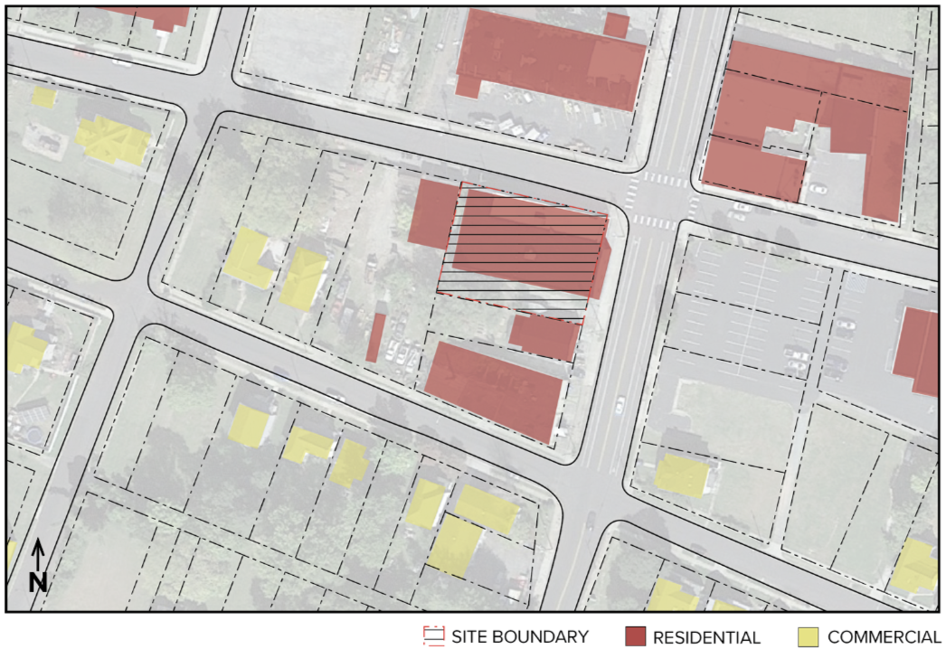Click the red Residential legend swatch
click(x=636, y=637)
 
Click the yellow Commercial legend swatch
click(x=809, y=637)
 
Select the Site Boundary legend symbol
click(x=433, y=637)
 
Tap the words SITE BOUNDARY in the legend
click(x=520, y=637)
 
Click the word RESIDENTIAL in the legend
click(x=706, y=637)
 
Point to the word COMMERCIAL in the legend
click(x=884, y=637)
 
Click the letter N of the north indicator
click(x=37, y=583)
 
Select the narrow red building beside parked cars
click(x=375, y=337)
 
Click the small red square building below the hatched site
click(x=544, y=336)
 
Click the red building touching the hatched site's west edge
click(x=432, y=213)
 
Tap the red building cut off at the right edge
click(x=918, y=351)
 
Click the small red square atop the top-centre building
click(x=616, y=25)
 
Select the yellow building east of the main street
click(x=681, y=475)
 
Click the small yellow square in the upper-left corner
click(x=43, y=96)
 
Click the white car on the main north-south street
click(x=620, y=404)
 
